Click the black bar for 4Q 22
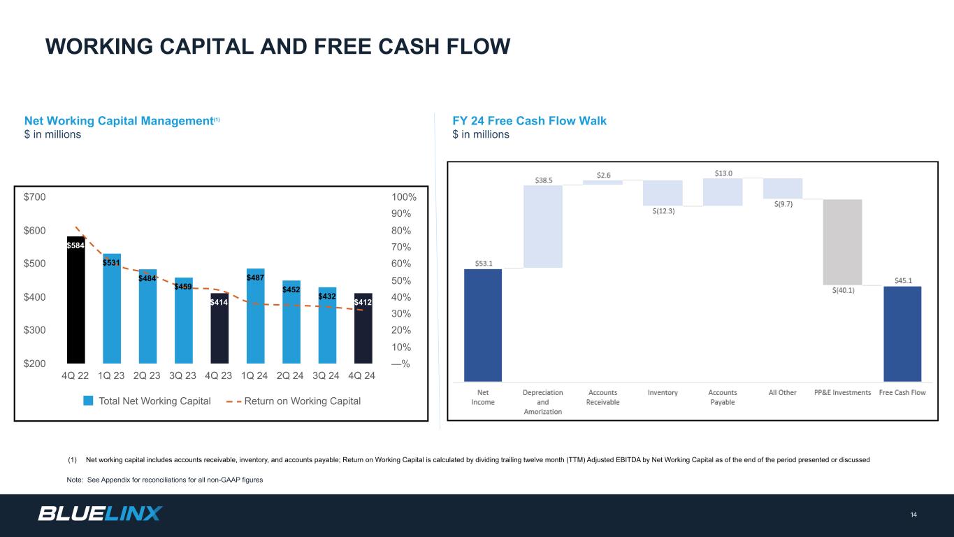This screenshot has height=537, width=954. (x=75, y=299)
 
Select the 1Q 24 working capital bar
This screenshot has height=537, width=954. (x=256, y=316)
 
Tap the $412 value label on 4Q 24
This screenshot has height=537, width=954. (x=363, y=302)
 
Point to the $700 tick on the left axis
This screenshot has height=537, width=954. (x=34, y=197)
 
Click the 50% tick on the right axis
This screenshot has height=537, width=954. (x=401, y=280)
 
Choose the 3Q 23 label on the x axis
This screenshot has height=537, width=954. (x=182, y=375)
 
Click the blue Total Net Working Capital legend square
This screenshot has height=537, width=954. (x=88, y=401)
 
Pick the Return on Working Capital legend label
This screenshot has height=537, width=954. (x=303, y=401)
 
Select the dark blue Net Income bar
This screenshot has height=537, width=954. (x=483, y=325)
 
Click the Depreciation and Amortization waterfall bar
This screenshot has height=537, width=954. (x=543, y=227)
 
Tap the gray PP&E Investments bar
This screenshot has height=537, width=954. (x=842, y=242)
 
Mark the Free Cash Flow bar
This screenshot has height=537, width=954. (x=902, y=334)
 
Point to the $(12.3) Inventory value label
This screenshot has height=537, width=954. (x=663, y=211)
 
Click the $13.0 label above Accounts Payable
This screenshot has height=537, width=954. (x=723, y=173)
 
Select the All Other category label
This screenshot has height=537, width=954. (x=782, y=392)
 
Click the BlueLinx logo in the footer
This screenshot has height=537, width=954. (x=100, y=513)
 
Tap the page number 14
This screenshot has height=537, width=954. (x=913, y=515)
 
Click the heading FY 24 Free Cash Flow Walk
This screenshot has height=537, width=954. (x=529, y=121)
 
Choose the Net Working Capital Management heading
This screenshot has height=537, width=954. (x=122, y=121)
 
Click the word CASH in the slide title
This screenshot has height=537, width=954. (x=409, y=46)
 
